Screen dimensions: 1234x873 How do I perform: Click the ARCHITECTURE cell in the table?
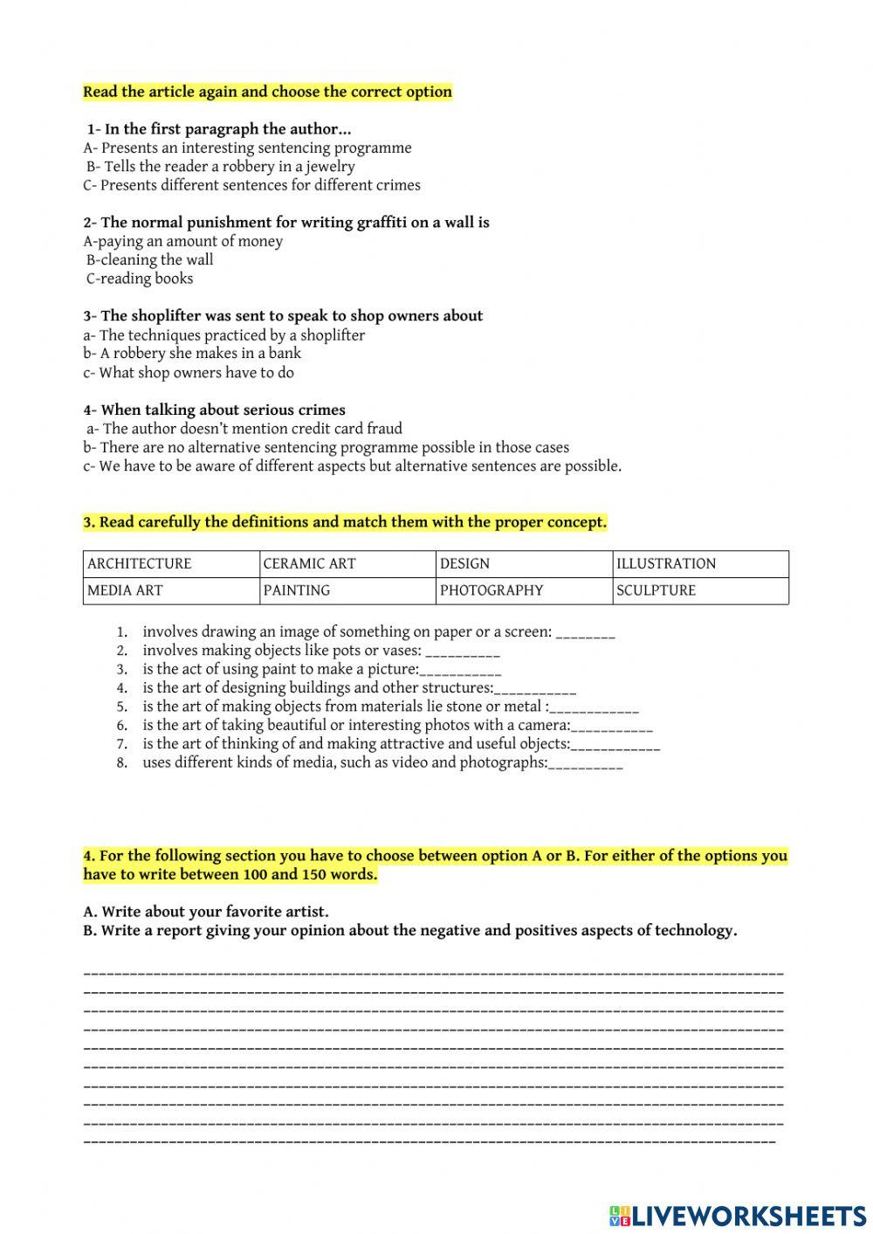(x=171, y=563)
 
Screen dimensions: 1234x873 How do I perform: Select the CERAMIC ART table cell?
(x=347, y=563)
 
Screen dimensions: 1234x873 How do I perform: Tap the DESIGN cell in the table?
(x=524, y=563)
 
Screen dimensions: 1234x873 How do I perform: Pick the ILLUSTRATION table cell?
(x=700, y=563)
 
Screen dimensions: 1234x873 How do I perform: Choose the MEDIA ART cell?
(x=171, y=590)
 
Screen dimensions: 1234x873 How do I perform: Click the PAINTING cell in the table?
(x=347, y=590)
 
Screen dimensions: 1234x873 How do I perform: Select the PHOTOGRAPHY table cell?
(x=524, y=590)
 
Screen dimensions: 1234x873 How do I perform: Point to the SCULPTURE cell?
(x=700, y=590)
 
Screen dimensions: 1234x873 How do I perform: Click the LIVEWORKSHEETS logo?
(x=738, y=1215)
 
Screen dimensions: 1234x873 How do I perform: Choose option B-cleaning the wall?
(x=149, y=260)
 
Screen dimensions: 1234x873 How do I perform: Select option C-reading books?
(x=140, y=279)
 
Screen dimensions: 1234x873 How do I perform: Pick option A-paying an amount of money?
(x=183, y=242)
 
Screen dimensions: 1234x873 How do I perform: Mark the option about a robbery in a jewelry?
(x=220, y=167)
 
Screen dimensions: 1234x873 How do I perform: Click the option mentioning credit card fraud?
(x=244, y=429)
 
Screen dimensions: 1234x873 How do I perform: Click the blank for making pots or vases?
(x=463, y=651)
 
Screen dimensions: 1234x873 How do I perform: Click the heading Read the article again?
(x=267, y=92)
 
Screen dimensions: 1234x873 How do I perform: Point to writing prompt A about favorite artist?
(x=206, y=912)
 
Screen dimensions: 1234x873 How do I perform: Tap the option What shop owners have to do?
(x=189, y=373)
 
